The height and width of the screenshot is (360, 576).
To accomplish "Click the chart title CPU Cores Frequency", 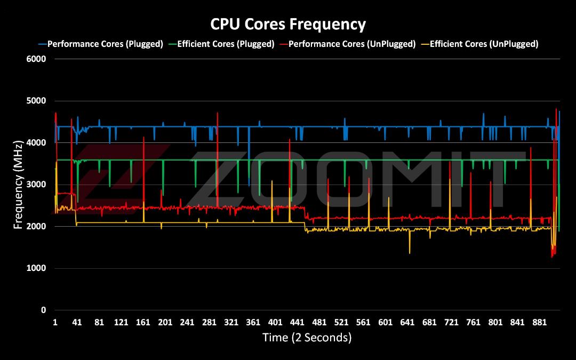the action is [x=288, y=24].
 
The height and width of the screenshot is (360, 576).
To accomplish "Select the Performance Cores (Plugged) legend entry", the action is [x=101, y=44].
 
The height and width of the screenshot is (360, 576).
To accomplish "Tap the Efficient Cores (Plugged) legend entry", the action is [x=221, y=44].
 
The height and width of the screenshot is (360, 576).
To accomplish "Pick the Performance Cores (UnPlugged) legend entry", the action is [x=348, y=44].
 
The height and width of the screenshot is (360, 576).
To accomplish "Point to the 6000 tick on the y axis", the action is [x=36, y=59].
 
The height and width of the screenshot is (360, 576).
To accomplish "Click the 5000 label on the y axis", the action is [x=36, y=101].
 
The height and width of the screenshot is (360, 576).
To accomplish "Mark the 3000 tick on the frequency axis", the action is [x=36, y=185].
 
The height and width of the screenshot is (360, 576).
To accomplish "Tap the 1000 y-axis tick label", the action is [x=36, y=268].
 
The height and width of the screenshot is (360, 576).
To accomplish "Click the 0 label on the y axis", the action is [x=43, y=310].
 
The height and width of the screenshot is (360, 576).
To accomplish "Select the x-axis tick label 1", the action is [x=55, y=322].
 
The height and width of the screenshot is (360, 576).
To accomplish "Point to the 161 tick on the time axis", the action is [x=143, y=322].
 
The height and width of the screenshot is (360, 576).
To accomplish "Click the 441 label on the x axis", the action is [x=297, y=322].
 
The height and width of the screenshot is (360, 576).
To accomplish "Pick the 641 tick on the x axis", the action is [x=407, y=322].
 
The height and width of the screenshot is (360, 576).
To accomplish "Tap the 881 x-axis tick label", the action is [x=539, y=322].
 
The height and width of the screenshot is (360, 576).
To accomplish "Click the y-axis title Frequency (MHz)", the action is [x=18, y=185].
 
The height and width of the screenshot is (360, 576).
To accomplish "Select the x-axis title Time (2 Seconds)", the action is [x=307, y=337].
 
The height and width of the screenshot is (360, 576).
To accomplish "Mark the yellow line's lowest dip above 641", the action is [x=410, y=253].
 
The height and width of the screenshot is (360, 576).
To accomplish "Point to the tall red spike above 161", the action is [x=143, y=138].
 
